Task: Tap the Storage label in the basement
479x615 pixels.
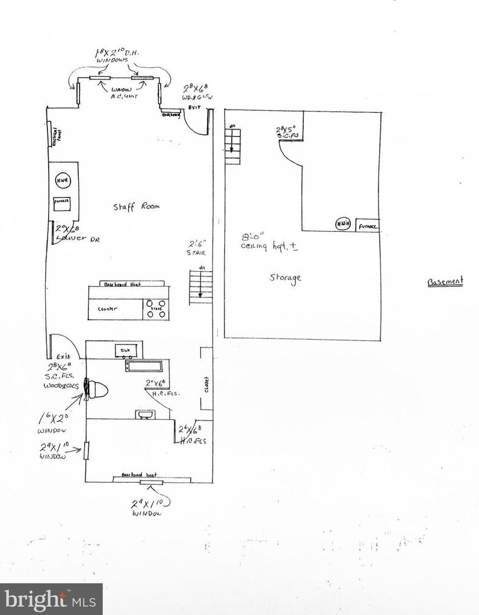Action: (x=285, y=278)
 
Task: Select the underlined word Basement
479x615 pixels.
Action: (x=445, y=281)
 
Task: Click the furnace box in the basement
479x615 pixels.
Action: (x=368, y=226)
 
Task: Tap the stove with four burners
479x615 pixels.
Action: (x=156, y=308)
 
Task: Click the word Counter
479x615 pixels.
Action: (x=107, y=309)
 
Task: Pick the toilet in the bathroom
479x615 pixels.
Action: (x=96, y=390)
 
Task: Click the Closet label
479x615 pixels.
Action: (x=206, y=384)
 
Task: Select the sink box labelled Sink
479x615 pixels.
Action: (x=126, y=349)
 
